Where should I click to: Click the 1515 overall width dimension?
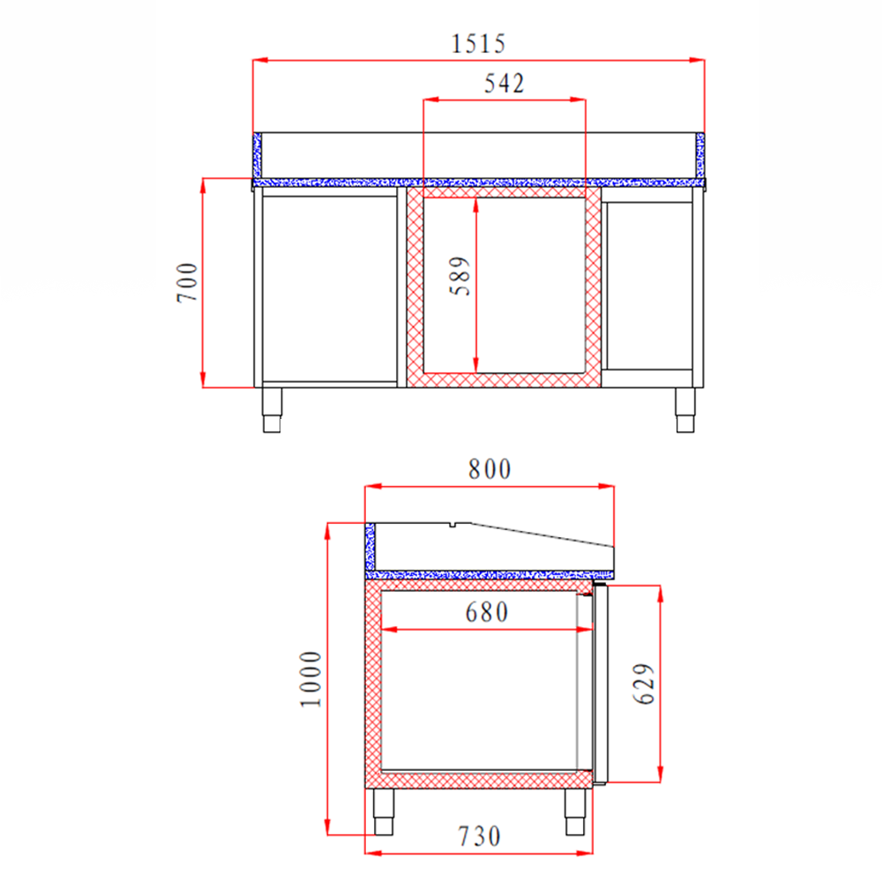478,42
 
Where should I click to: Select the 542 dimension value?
505,84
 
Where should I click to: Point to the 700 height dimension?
188,282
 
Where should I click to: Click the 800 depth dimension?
490,469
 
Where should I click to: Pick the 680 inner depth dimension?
488,612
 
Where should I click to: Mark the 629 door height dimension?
645,684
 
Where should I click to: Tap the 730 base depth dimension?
478,834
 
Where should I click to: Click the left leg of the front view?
273,409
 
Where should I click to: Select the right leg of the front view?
684,409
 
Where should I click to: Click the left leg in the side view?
385,811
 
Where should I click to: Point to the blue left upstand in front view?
258,155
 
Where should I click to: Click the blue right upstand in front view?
700,155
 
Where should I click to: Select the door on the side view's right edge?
602,684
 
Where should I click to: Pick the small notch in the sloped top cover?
452,526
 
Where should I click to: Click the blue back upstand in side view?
370,547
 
